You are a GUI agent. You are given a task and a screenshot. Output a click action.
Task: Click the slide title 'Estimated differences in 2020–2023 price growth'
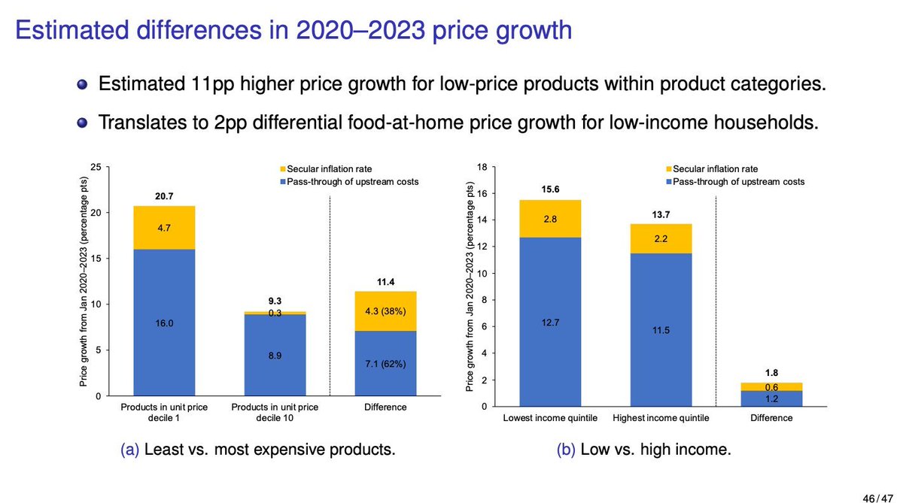[293, 31]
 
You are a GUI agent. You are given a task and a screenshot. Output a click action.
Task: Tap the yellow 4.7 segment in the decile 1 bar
[163, 228]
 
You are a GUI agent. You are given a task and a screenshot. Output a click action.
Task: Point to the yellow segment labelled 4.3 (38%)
[385, 311]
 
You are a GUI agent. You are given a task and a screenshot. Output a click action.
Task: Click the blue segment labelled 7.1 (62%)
[385, 363]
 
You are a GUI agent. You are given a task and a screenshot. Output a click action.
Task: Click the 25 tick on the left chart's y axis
[96, 167]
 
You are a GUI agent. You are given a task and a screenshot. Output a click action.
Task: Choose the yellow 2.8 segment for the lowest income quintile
[550, 219]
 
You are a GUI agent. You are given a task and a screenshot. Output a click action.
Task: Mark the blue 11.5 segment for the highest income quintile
[661, 329]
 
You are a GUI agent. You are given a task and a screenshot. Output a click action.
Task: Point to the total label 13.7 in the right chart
[661, 214]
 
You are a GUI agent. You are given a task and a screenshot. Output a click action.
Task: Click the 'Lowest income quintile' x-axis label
[550, 417]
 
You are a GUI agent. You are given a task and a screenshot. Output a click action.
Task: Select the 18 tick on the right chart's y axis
[482, 167]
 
